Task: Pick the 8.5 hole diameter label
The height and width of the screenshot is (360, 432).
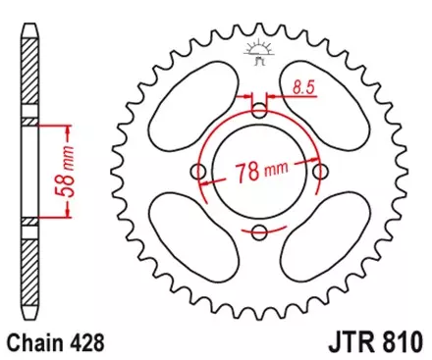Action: click(302, 89)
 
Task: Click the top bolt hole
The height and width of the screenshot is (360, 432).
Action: click(259, 109)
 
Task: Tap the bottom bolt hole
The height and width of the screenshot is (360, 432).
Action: click(259, 232)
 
